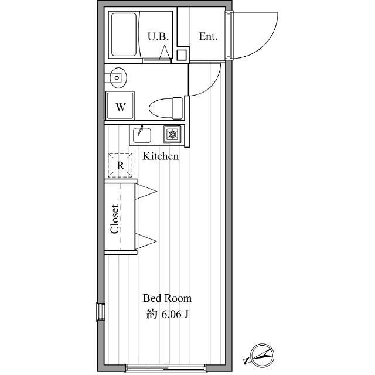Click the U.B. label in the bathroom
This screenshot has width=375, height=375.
(158, 36)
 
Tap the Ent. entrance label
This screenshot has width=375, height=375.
(208, 36)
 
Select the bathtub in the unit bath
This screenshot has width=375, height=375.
(124, 35)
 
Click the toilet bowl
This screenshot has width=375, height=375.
(166, 108)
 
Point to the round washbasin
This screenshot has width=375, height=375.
(117, 78)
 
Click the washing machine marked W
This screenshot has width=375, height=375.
(120, 105)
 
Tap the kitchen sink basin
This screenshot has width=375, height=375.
(142, 135)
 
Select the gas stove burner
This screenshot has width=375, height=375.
(172, 134)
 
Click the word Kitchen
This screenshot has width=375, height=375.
(161, 156)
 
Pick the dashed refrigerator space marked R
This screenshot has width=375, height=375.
(120, 165)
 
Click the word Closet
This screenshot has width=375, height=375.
(115, 219)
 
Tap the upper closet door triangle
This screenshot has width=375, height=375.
(146, 192)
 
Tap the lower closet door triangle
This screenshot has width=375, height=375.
(146, 241)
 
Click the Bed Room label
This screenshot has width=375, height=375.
(167, 298)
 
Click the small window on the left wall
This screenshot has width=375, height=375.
(100, 311)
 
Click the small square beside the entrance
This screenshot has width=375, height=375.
(182, 55)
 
